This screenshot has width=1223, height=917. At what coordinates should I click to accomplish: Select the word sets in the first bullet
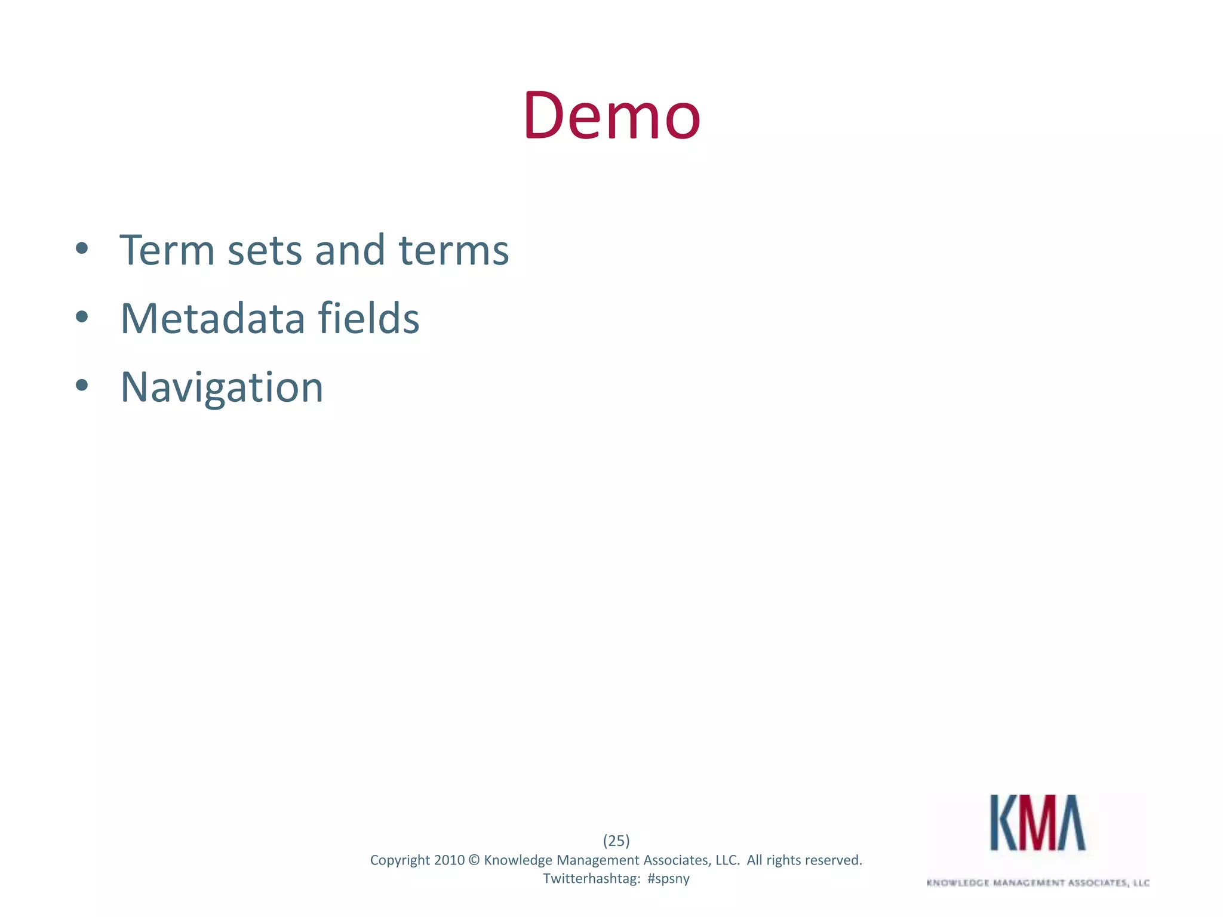(265, 251)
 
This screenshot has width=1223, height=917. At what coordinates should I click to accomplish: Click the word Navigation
(222, 388)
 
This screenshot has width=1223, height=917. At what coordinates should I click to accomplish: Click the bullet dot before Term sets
(82, 249)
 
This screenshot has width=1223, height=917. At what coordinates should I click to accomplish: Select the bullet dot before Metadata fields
(82, 318)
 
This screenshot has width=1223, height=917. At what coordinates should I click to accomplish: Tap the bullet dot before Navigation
(82, 386)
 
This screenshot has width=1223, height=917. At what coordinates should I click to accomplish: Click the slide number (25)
(616, 841)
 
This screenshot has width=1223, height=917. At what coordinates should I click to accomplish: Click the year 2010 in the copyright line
(449, 860)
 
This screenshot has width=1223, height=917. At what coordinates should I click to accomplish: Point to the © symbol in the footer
(474, 860)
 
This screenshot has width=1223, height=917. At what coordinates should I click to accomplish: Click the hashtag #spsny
(668, 879)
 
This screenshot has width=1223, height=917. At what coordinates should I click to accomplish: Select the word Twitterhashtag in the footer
(591, 879)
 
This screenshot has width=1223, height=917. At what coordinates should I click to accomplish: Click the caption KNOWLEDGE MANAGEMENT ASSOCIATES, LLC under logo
(1038, 883)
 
